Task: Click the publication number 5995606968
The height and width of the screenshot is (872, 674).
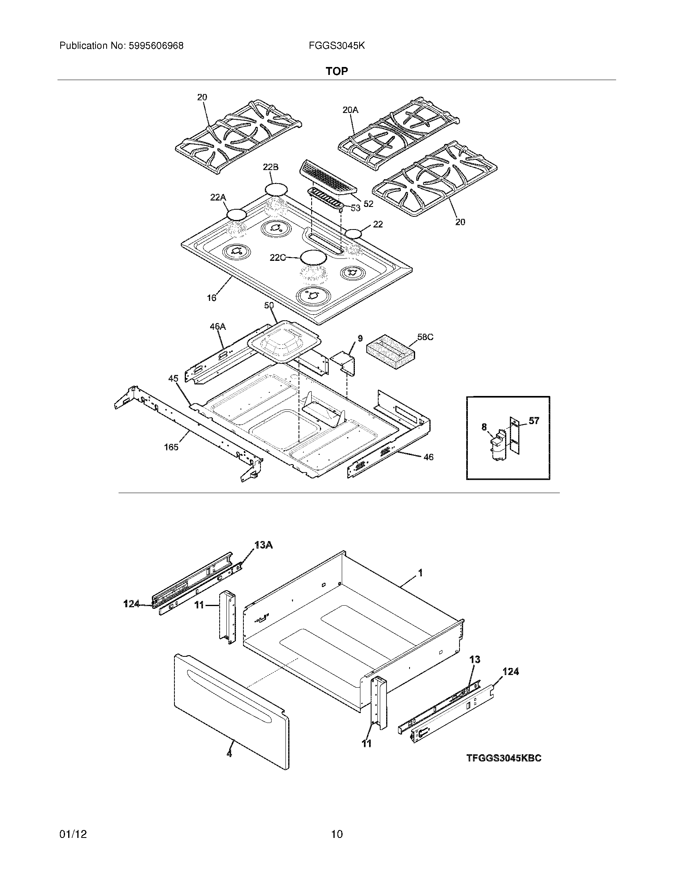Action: click(x=155, y=46)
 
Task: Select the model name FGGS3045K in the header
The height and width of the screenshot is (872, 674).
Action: click(x=336, y=46)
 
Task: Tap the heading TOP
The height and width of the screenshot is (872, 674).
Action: click(x=337, y=71)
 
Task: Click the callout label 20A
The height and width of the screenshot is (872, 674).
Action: click(x=350, y=110)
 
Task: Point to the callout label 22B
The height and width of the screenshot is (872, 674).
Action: click(x=270, y=167)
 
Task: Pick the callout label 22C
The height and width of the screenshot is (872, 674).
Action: click(x=278, y=258)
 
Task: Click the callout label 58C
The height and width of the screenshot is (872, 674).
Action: click(x=425, y=337)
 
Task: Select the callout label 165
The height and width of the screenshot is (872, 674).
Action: click(x=171, y=447)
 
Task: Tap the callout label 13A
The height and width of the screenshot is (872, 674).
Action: click(x=264, y=545)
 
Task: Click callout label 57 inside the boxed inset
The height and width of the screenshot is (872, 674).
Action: click(x=534, y=421)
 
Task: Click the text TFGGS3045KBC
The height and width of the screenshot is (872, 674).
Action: click(x=504, y=758)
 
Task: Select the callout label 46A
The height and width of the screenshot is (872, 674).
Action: click(x=218, y=326)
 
